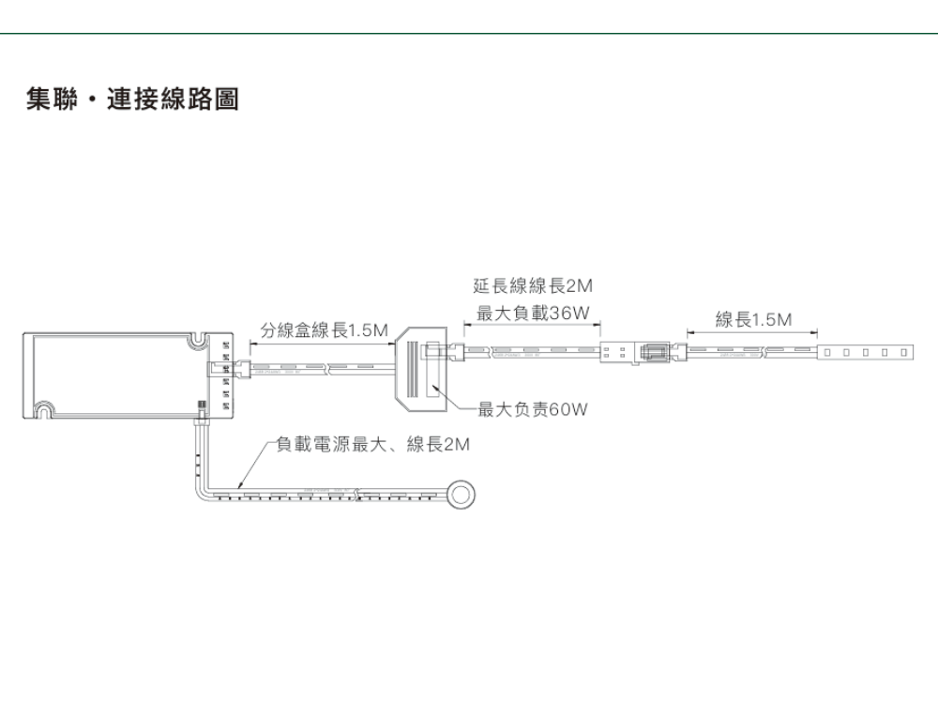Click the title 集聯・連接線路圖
(x=132, y=99)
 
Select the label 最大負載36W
(x=533, y=313)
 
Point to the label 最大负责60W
(x=532, y=409)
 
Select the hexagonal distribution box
(x=422, y=370)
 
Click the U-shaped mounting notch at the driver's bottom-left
(x=45, y=408)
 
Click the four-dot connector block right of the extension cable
(x=614, y=355)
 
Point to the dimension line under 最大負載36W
(x=532, y=328)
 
